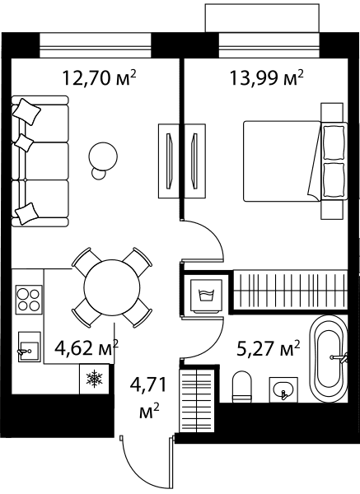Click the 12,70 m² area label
(x=100, y=77)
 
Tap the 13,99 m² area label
(x=266, y=77)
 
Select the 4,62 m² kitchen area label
(x=86, y=347)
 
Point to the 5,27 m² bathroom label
(x=268, y=349)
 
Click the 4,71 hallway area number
(x=147, y=385)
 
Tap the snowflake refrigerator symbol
(x=95, y=379)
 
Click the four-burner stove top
(x=29, y=300)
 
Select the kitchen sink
(x=29, y=347)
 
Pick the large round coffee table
(x=103, y=156)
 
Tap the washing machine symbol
(x=207, y=296)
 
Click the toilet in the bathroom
(x=242, y=387)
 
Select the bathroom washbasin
(x=283, y=389)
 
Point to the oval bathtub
(x=329, y=359)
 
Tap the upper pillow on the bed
(x=334, y=142)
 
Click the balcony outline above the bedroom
(x=262, y=17)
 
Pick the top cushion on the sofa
(x=28, y=111)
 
